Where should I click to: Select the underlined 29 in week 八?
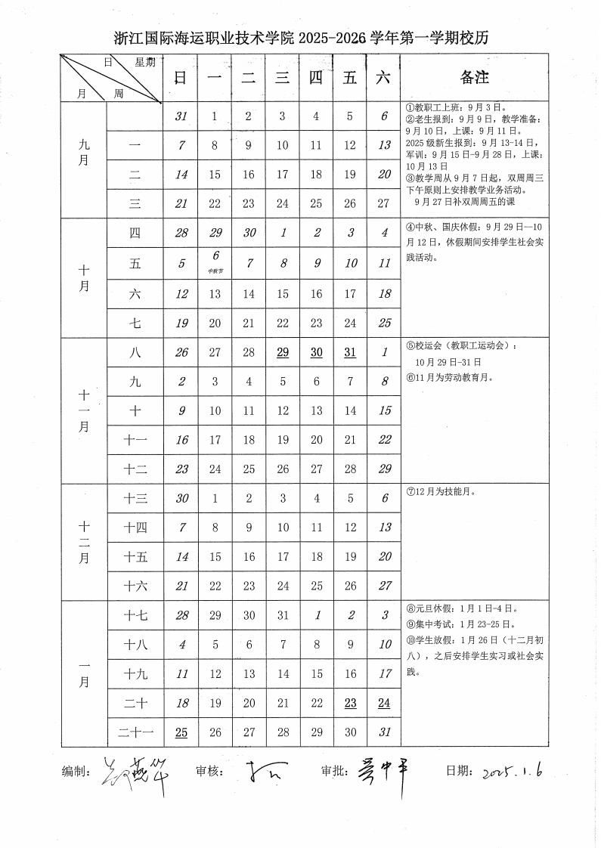coord(283,352)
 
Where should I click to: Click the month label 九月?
coord(83,160)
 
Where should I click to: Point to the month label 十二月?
coord(83,542)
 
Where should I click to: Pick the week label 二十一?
coord(135,732)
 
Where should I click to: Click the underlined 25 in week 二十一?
coord(181,732)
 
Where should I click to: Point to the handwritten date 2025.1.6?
coord(513,770)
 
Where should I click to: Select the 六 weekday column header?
coord(383,77)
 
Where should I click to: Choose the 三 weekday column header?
coord(283,77)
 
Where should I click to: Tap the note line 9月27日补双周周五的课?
coord(462,203)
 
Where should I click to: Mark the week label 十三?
coord(135,498)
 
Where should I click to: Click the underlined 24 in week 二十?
coord(383,703)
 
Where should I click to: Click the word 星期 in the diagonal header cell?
coord(145,63)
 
